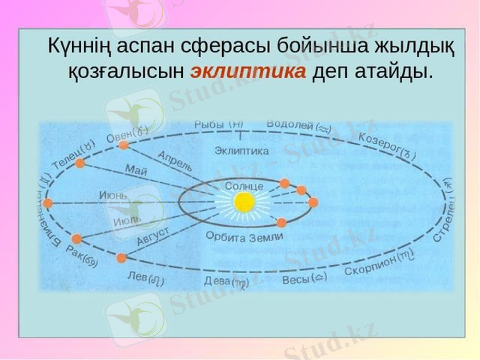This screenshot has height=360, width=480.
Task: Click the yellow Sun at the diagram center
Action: click(x=244, y=203)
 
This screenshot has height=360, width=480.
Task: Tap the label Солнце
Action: click(x=244, y=187)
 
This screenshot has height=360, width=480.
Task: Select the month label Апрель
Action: click(x=175, y=161)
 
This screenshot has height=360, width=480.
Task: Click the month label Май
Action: click(x=136, y=170)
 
